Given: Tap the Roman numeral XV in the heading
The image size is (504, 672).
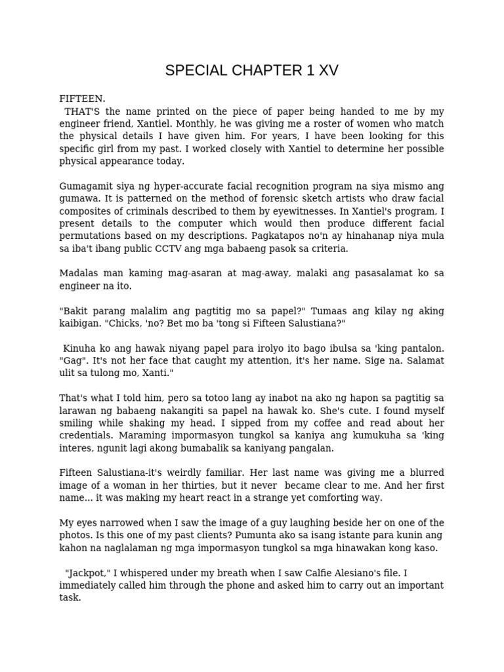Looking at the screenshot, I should point(328,71).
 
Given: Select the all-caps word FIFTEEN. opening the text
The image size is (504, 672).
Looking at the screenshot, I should point(82,99).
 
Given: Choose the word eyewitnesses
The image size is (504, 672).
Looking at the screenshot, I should point(314,211).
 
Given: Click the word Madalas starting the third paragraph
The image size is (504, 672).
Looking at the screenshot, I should point(78,274).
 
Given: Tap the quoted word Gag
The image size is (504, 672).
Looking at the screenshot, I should point(72,361).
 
